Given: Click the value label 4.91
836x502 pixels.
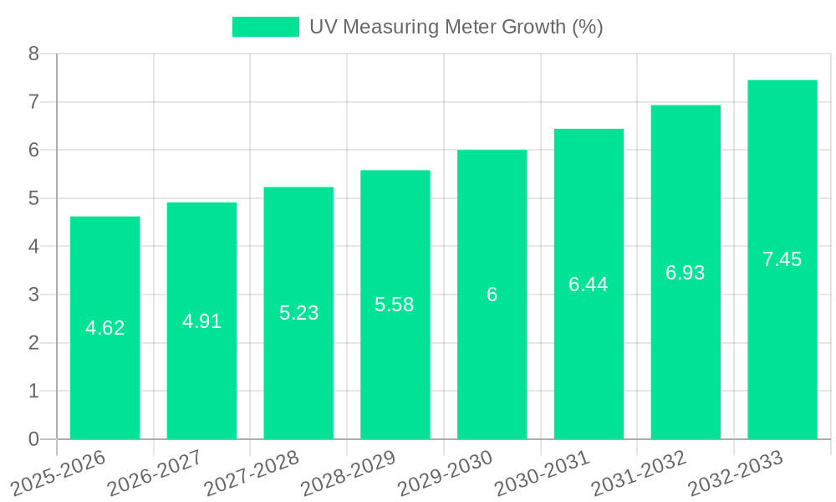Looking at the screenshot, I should [x=201, y=321].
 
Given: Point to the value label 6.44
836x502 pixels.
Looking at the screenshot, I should [x=588, y=284].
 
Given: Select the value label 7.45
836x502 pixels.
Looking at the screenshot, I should [x=782, y=259].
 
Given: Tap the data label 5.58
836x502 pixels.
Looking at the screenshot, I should [x=395, y=305].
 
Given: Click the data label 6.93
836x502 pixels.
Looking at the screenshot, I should [x=685, y=273].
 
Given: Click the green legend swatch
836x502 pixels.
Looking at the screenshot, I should [x=265, y=27].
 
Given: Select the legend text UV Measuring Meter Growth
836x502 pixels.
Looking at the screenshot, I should [x=456, y=27].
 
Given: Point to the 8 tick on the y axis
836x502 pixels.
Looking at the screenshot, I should [x=33, y=54].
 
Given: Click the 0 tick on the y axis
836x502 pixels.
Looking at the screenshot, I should [x=33, y=439].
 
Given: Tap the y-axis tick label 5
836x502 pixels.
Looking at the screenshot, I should [x=33, y=199].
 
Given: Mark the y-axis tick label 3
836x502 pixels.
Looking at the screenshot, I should [x=33, y=295].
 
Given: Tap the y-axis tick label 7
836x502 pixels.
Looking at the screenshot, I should [x=33, y=102].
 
